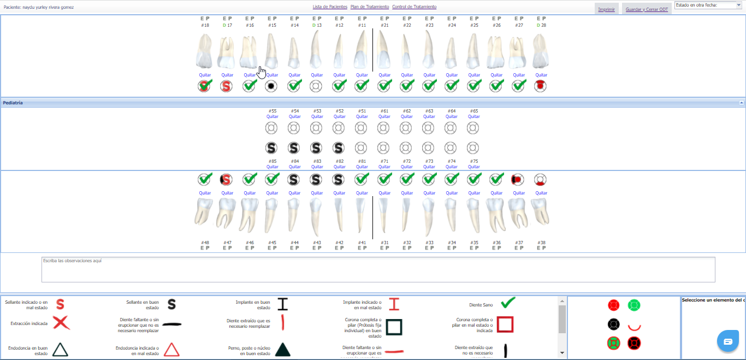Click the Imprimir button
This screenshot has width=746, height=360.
pos(606,9)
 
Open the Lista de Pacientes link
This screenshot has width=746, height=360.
pos(330,7)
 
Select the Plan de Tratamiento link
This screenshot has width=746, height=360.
pos(370,7)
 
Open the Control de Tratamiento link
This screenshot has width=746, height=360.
pos(414,7)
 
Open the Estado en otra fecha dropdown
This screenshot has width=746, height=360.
pos(708,5)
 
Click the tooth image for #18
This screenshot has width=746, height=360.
pos(205,51)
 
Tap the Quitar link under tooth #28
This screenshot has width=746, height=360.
pos(541,75)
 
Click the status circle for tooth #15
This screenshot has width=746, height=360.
pos(272,86)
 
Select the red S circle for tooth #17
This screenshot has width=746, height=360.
pos(227,86)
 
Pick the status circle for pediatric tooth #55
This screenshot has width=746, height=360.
pos(272,128)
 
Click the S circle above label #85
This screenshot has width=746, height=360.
pos(272,147)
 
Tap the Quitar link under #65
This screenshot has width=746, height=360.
pos(474,116)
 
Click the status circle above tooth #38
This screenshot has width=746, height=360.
pos(541,180)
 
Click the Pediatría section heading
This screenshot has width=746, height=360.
pos(13,103)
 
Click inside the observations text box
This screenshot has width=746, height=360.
pos(378,270)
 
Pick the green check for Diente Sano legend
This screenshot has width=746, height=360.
pos(508,303)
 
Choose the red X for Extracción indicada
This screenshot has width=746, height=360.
pos(61,323)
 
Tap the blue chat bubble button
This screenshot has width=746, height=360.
pos(727,341)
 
